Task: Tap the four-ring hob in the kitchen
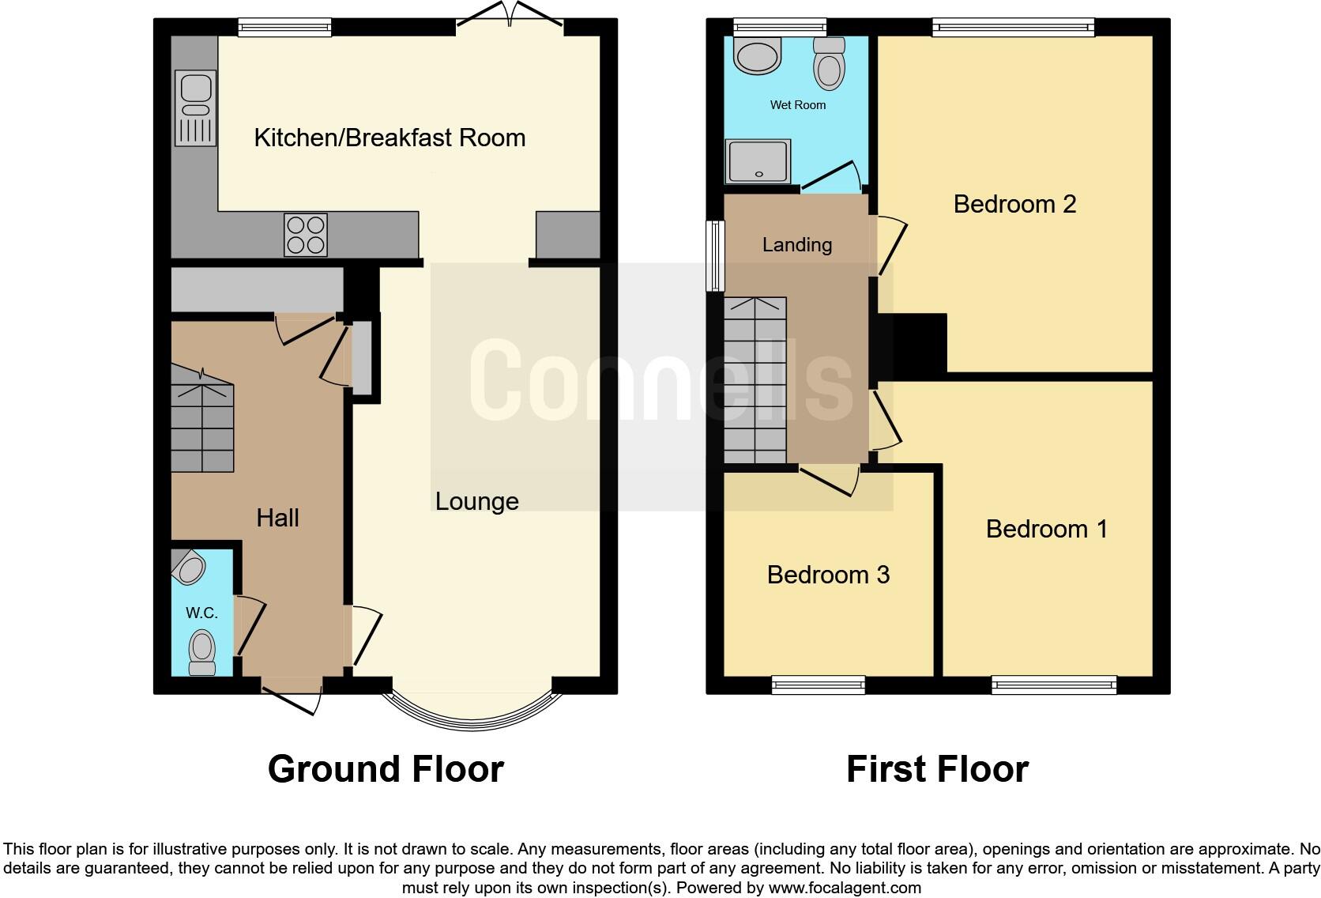coord(306,235)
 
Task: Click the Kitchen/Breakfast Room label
coord(390,138)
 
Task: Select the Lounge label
coord(476,501)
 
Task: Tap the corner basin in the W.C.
coord(188,567)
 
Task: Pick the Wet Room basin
coord(758,55)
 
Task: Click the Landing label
coord(796,245)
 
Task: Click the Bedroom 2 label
coord(1014,204)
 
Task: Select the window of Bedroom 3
coord(818,685)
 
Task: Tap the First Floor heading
coord(937,769)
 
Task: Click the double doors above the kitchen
coord(510,20)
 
